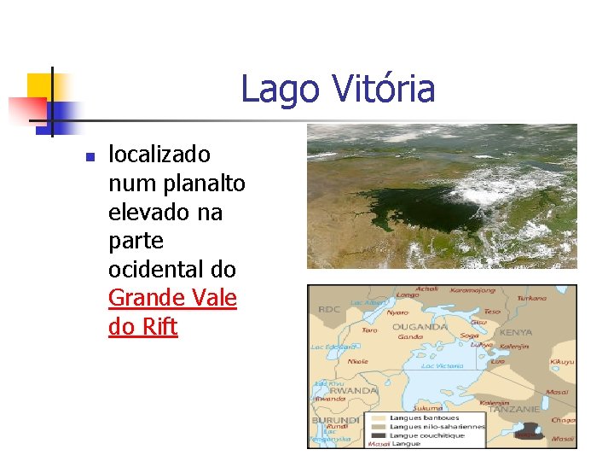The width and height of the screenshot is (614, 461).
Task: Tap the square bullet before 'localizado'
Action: click(x=88, y=156)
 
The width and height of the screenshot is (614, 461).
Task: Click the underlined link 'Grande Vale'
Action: click(x=172, y=298)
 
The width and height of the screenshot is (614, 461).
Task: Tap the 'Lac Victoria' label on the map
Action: click(x=443, y=365)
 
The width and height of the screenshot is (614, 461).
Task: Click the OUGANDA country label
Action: click(x=415, y=326)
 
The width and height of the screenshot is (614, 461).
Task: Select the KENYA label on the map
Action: click(x=516, y=332)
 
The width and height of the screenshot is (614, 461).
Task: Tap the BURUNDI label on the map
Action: click(x=334, y=421)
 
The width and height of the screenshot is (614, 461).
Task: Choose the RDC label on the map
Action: click(x=329, y=310)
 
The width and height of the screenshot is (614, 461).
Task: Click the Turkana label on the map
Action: click(x=531, y=299)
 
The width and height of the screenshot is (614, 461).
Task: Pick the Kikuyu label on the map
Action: click(x=562, y=362)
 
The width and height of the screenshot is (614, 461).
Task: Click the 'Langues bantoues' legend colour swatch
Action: click(x=375, y=417)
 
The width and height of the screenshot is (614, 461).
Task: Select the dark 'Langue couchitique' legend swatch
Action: click(x=375, y=435)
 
